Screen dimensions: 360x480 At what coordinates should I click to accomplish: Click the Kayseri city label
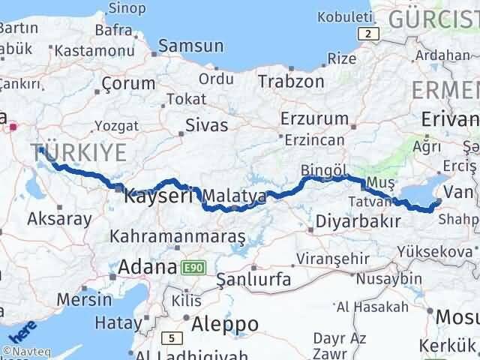click(158, 196)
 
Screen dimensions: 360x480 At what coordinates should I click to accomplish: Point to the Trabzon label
click(292, 81)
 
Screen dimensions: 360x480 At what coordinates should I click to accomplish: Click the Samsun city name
click(190, 46)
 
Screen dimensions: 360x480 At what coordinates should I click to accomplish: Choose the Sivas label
click(206, 125)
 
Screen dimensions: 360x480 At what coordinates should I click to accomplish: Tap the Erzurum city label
click(314, 118)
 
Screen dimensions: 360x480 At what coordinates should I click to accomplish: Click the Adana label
click(146, 266)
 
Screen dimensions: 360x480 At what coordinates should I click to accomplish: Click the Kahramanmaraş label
click(178, 237)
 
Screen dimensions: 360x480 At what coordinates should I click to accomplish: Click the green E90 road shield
click(191, 267)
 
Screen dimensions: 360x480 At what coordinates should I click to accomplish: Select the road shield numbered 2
click(367, 34)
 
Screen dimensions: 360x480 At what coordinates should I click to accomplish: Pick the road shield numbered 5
click(170, 337)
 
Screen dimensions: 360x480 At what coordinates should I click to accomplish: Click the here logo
click(22, 332)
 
